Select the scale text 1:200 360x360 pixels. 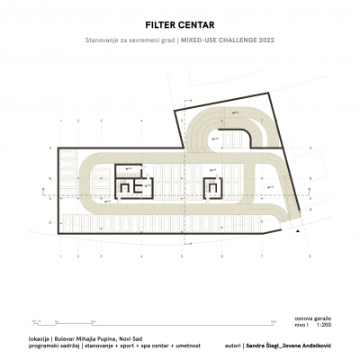pos(324,327)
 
